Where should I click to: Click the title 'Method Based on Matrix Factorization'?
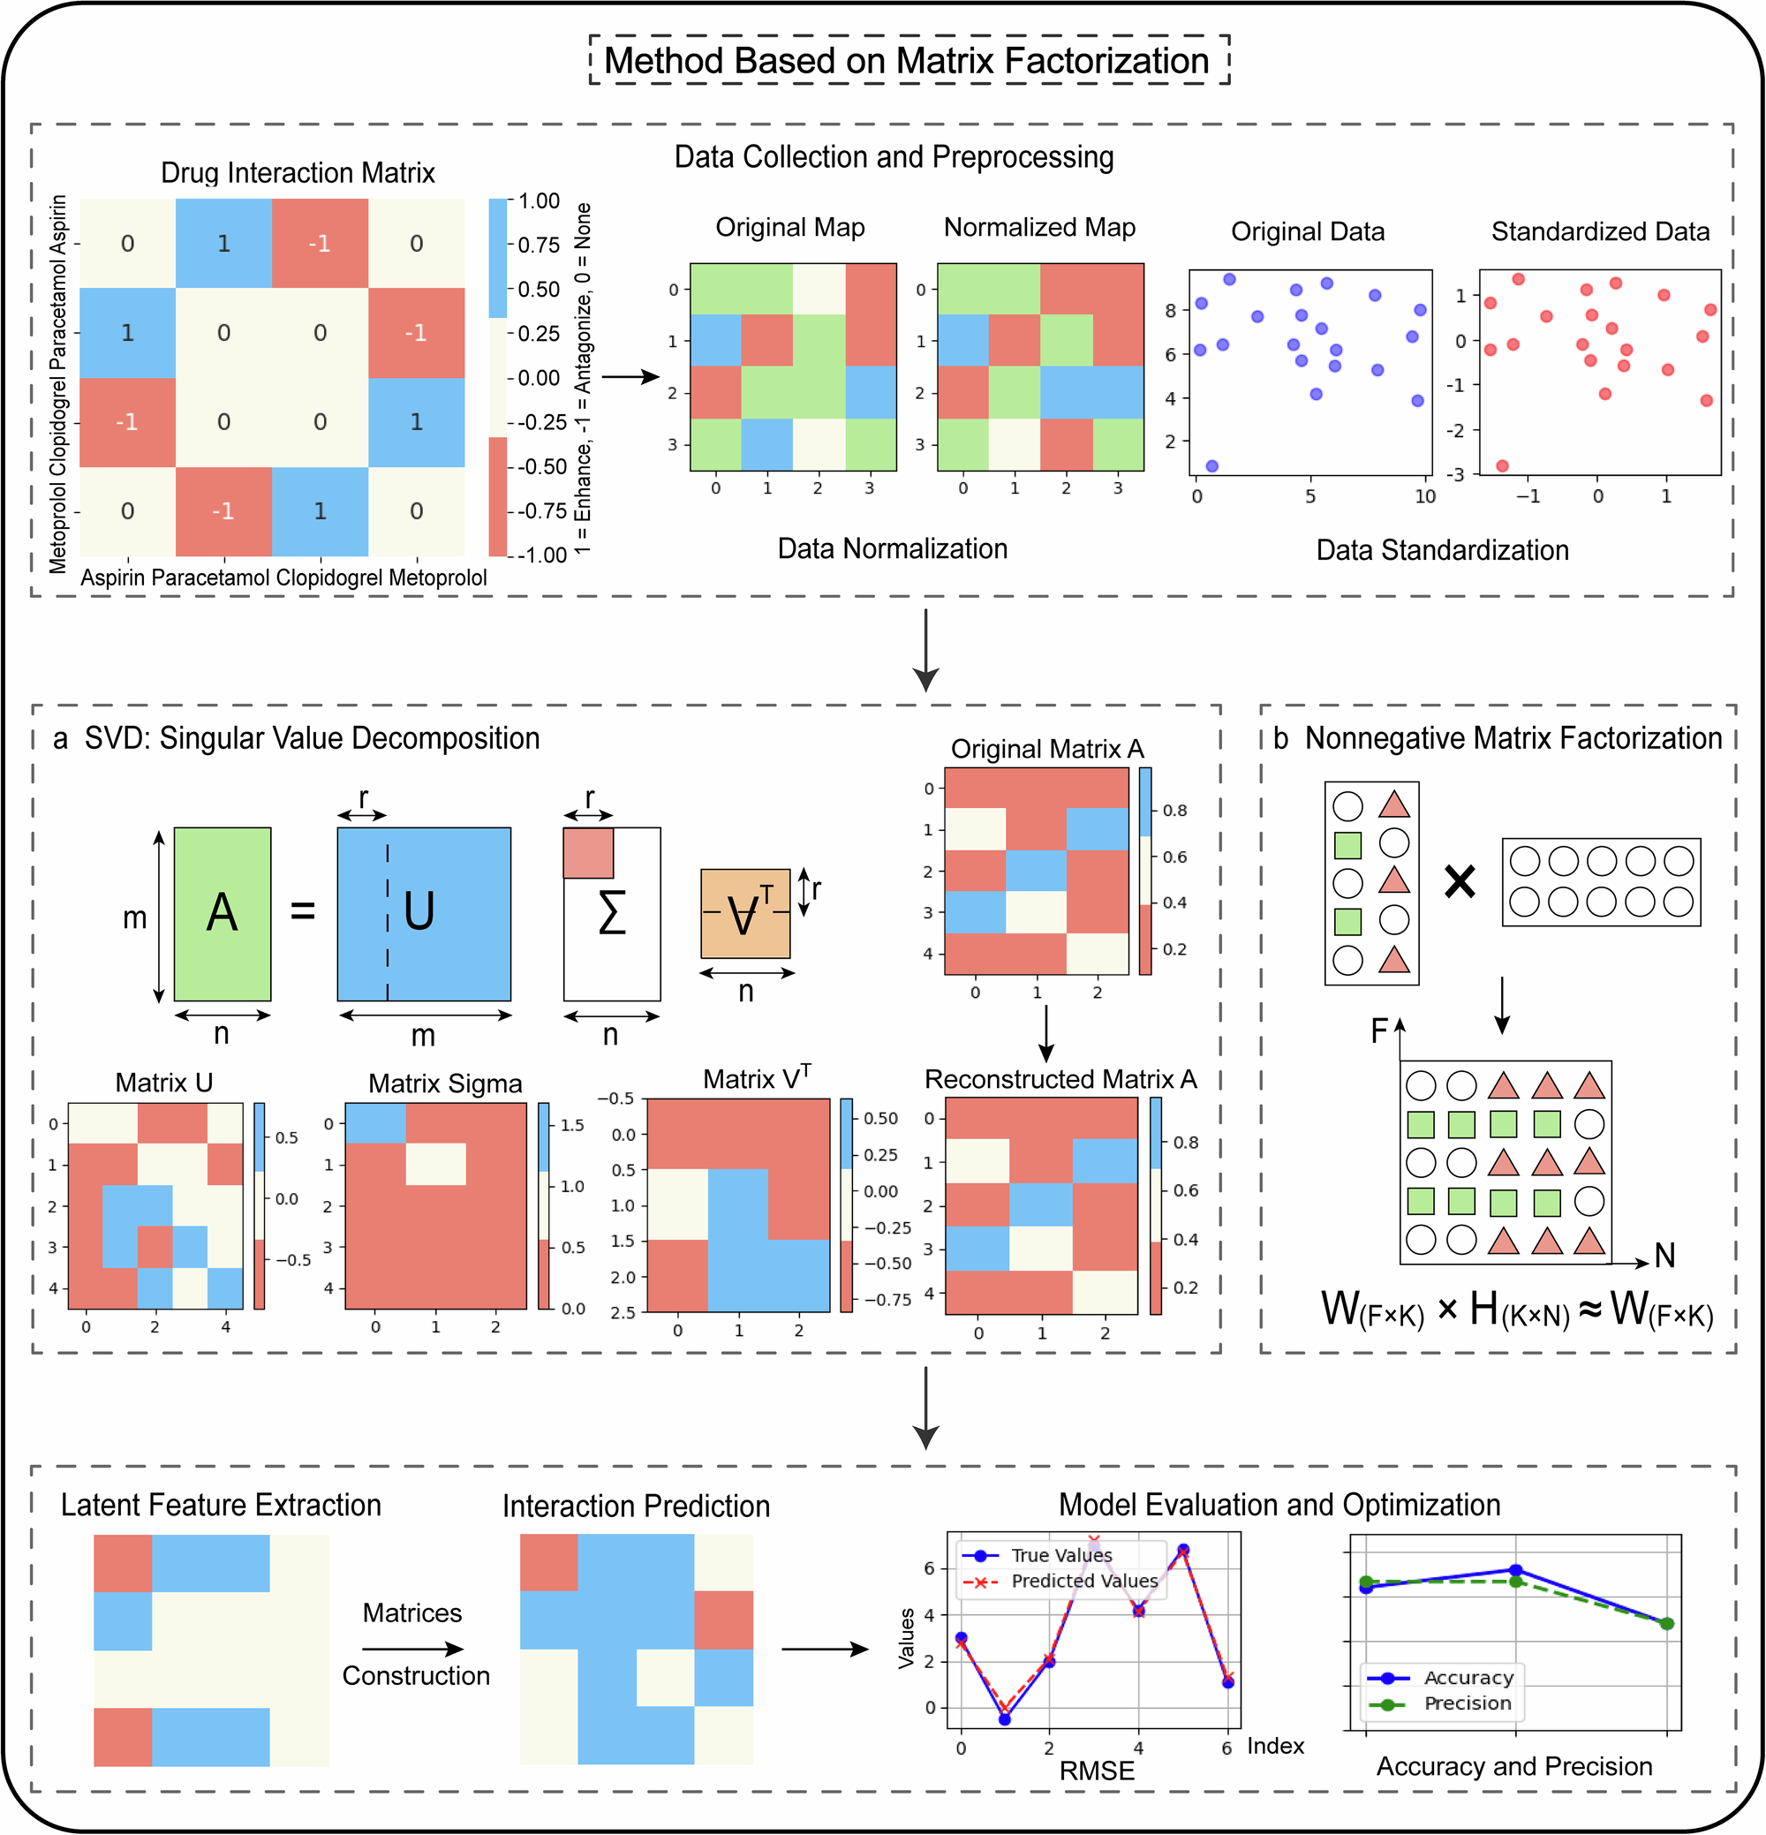907,61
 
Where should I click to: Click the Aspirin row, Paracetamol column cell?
223,244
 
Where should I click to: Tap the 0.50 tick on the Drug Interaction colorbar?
539,290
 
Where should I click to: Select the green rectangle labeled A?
222,914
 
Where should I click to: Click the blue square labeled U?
423,914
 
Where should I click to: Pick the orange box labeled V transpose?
745,914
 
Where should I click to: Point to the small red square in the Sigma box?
588,853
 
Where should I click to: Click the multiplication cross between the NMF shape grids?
1460,881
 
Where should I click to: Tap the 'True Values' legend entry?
1060,1555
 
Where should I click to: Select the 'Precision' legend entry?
1467,1703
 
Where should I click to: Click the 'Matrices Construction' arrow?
413,1649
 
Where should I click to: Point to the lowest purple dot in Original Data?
1211,466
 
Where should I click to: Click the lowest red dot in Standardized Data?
1502,465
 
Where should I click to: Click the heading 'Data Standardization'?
1442,550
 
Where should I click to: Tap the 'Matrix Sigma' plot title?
445,1084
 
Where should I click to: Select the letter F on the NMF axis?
1378,1031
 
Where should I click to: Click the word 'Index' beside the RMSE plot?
1275,1746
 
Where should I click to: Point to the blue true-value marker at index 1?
1005,1720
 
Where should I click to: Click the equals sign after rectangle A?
303,910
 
